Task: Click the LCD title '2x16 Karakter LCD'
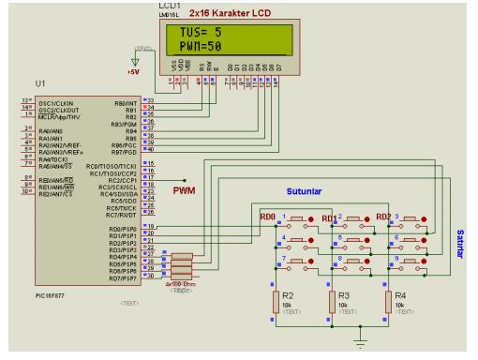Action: [x=229, y=12]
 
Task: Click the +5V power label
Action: [x=135, y=71]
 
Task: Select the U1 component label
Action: [x=39, y=84]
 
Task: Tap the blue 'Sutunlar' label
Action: [x=304, y=192]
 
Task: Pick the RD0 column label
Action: [x=268, y=217]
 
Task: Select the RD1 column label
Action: [x=329, y=218]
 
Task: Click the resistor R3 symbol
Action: [x=332, y=301]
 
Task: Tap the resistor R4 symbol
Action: [x=388, y=301]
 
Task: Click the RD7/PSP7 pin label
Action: [x=123, y=278]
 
